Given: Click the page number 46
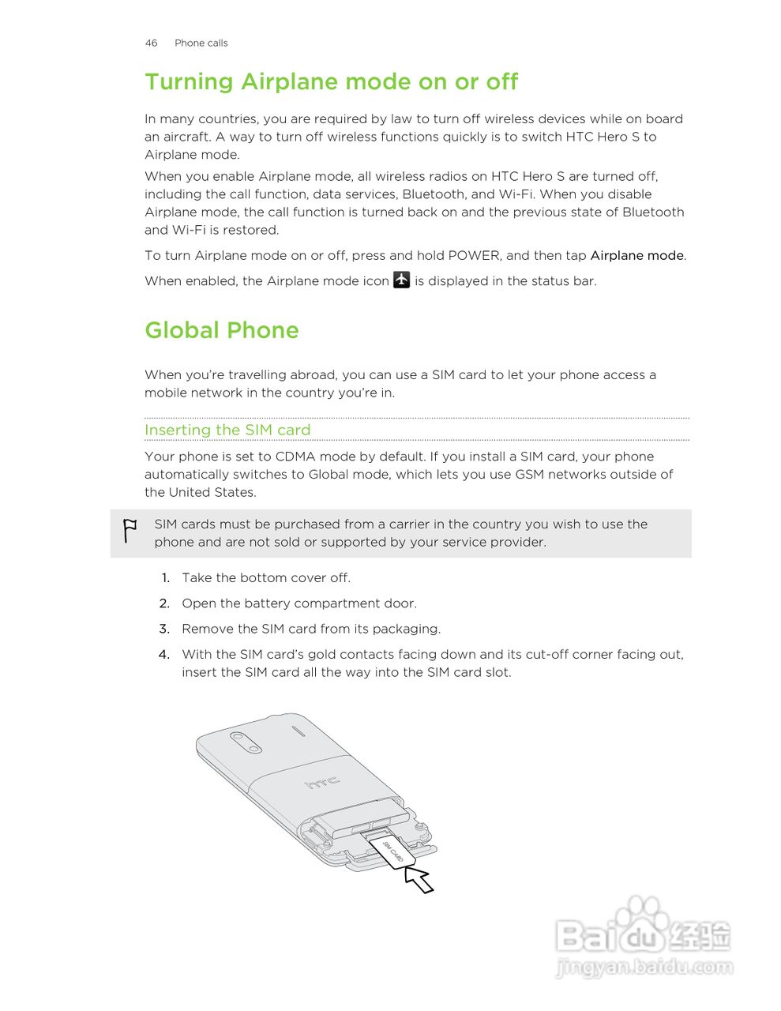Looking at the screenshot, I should [151, 43].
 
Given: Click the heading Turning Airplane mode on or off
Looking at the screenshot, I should [331, 82].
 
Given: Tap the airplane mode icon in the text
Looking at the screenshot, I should [401, 280].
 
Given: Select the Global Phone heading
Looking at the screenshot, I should [221, 330].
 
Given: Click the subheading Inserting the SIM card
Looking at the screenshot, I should [227, 430].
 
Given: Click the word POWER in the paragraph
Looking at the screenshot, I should [474, 255].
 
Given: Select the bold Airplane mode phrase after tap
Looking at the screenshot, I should [636, 255].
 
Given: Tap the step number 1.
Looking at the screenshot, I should [166, 578].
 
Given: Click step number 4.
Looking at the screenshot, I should [164, 654].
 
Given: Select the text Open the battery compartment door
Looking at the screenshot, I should [299, 603].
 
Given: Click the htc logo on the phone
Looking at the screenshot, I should [322, 782].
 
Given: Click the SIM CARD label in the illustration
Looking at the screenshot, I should [393, 853].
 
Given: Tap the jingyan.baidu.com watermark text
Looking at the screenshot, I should [644, 967].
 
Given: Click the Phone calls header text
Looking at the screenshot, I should [201, 43].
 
